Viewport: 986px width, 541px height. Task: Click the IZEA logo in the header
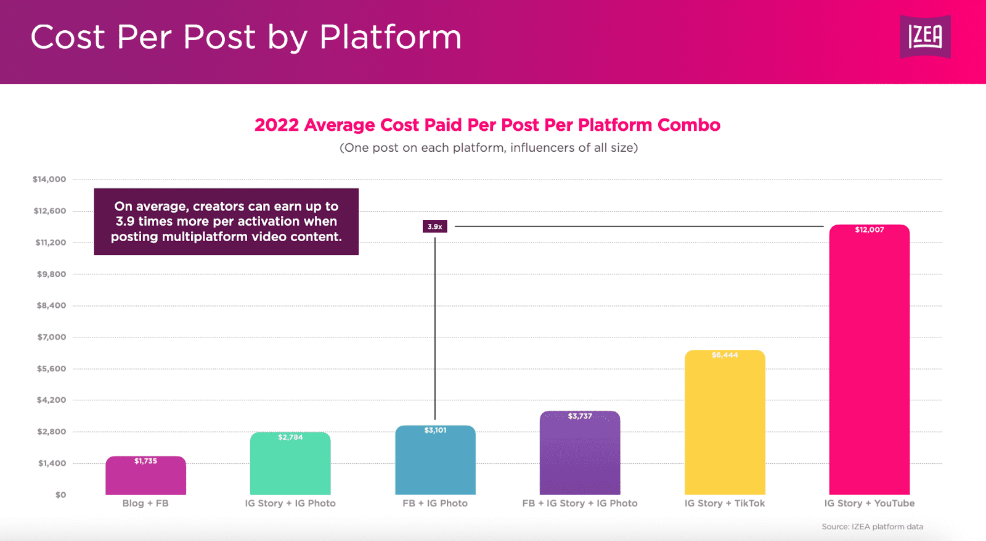tap(925, 37)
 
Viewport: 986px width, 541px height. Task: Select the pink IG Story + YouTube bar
tap(869, 364)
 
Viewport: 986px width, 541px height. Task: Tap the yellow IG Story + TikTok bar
tap(725, 426)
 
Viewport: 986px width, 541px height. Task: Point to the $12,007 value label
tap(869, 229)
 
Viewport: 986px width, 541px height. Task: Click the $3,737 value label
tap(580, 416)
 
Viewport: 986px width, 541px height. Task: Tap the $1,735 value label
tap(145, 461)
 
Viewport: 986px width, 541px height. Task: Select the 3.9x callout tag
tap(434, 226)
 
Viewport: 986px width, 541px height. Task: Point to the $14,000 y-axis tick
tap(49, 180)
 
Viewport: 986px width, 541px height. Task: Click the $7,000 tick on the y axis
tap(51, 337)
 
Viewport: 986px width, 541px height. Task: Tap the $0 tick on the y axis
tap(60, 495)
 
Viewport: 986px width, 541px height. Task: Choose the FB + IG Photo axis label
tap(435, 503)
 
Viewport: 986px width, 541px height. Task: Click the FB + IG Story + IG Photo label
tap(580, 503)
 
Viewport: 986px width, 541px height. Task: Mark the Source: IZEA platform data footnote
tap(872, 527)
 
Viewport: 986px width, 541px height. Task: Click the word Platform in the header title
tap(390, 37)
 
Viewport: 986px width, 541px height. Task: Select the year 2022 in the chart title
tap(277, 125)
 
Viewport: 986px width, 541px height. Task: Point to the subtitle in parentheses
tap(489, 148)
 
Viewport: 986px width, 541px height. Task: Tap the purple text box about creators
tap(226, 221)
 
